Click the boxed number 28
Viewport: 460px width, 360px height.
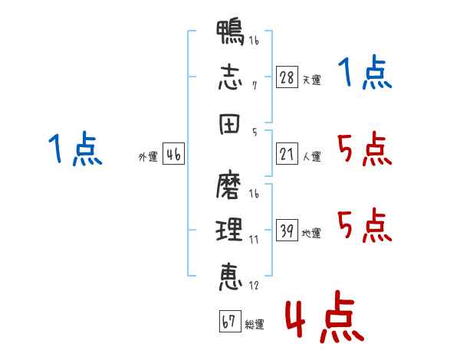click(287, 77)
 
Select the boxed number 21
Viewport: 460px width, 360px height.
click(287, 155)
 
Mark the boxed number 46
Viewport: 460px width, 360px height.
click(173, 155)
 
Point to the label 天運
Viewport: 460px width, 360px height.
click(311, 80)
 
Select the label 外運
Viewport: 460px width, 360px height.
click(148, 157)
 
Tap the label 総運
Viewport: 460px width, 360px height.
click(255, 325)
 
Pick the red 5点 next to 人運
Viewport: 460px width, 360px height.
click(364, 149)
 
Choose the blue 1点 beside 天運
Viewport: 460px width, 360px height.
click(364, 74)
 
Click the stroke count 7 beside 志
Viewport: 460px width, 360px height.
click(254, 85)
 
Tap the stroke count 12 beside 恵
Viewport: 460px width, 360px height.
click(254, 286)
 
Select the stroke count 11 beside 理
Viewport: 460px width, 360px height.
click(253, 239)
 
